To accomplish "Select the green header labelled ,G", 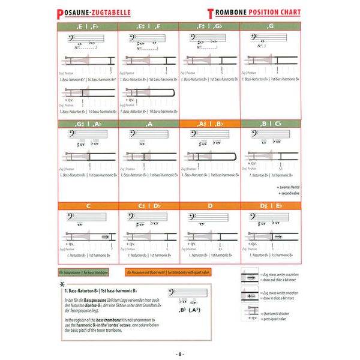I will (271, 26).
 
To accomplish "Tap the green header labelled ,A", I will (148, 124).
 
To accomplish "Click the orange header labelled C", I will (88, 206).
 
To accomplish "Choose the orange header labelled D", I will (209, 206).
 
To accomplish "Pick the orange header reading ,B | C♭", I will (271, 124).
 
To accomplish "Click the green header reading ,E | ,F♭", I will (88, 26).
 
